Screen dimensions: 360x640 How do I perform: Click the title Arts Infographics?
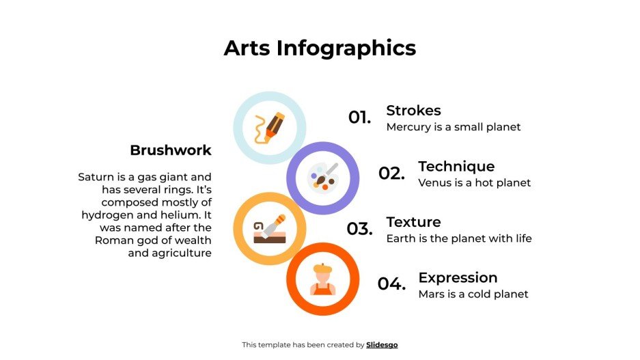tap(320, 49)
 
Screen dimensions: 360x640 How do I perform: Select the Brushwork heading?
tap(171, 150)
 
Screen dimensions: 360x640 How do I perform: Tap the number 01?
tap(359, 117)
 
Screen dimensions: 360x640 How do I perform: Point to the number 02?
tap(391, 174)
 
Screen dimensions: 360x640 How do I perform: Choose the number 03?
tap(359, 230)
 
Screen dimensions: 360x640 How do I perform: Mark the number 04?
tap(391, 284)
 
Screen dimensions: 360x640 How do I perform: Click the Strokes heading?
tap(413, 111)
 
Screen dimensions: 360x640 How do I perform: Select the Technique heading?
tap(456, 167)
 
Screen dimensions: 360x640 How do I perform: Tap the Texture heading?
tap(413, 222)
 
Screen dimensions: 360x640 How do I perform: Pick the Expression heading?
tap(458, 278)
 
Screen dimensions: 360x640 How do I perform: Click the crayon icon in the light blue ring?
tap(269, 128)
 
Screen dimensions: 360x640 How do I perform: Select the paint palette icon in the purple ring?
tap(322, 178)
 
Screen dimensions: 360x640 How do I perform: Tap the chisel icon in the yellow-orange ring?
tap(269, 229)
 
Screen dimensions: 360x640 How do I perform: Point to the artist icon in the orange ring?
tap(322, 279)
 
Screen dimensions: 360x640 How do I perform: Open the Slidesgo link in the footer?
tap(382, 345)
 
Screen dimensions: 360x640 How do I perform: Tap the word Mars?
tap(432, 294)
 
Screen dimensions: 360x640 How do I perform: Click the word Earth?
tap(402, 238)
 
